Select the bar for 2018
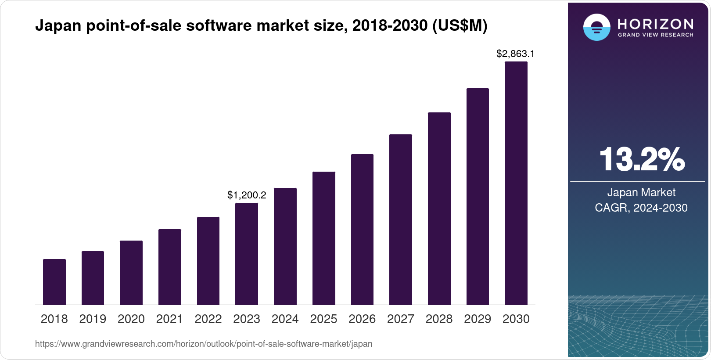pyautogui.click(x=54, y=282)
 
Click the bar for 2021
pyautogui.click(x=170, y=267)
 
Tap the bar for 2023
pyautogui.click(x=247, y=254)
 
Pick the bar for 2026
pyautogui.click(x=362, y=229)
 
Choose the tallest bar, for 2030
pyautogui.click(x=516, y=183)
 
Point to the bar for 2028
pyautogui.click(x=439, y=209)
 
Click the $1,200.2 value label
pyautogui.click(x=247, y=195)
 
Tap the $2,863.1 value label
pyautogui.click(x=515, y=54)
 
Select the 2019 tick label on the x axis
pyautogui.click(x=93, y=319)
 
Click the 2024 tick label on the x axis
pyautogui.click(x=285, y=319)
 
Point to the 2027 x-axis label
pyautogui.click(x=401, y=319)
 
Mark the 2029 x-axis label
pyautogui.click(x=478, y=319)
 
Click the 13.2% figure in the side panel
pyautogui.click(x=641, y=159)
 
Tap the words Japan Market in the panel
pyautogui.click(x=641, y=192)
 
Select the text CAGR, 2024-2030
pyautogui.click(x=641, y=208)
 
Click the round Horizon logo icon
pyautogui.click(x=596, y=27)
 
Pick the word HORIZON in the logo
pyautogui.click(x=655, y=24)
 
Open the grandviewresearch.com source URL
pyautogui.click(x=204, y=344)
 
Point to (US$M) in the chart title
pyautogui.click(x=460, y=26)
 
